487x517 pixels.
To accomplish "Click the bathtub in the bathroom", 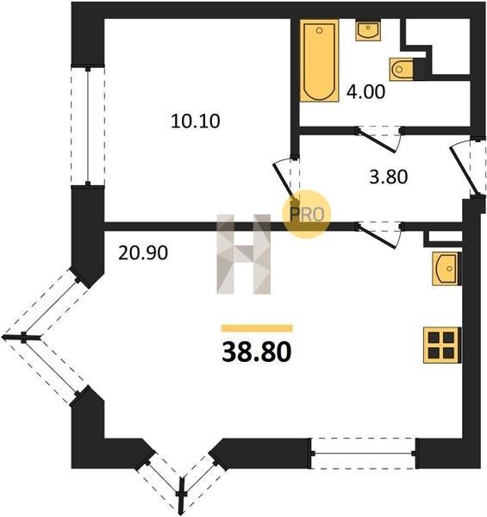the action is point(319,60).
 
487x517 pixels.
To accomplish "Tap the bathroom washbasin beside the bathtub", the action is point(368,30).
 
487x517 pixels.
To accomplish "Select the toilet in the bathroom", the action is point(402,69).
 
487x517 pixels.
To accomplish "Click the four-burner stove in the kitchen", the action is point(442,346).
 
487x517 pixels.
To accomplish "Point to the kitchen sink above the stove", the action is point(446,268).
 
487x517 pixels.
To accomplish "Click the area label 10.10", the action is point(195,121).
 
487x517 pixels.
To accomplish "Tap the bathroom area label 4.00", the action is point(365,91).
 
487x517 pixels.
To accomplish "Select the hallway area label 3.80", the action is point(389,177).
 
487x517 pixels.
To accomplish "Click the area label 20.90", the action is point(143,253).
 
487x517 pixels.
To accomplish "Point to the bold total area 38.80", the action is point(257,352).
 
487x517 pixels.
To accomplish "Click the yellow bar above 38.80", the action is point(257,328).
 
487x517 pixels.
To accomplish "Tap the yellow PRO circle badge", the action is point(307,215).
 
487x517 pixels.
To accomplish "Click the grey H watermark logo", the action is point(244,254).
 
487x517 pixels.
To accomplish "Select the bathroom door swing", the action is point(380,140).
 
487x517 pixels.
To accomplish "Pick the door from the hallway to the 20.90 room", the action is point(380,234).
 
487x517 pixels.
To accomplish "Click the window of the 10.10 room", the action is point(88,126).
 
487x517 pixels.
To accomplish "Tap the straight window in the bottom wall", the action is point(364,454).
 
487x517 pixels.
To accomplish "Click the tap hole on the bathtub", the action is point(319,31).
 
